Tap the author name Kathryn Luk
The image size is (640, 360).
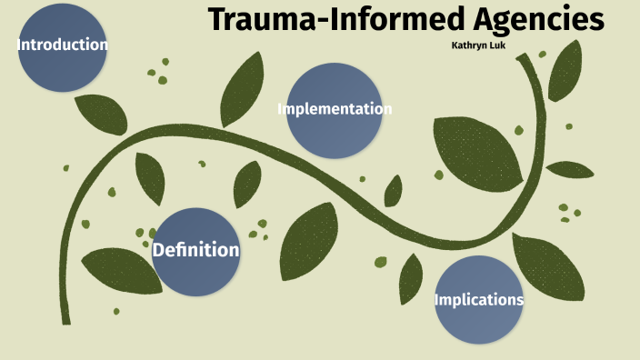click(x=478, y=44)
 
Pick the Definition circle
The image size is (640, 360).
click(x=196, y=252)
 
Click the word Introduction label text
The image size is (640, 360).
click(x=63, y=45)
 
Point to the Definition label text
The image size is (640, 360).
click(x=196, y=250)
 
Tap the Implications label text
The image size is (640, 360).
click(x=478, y=300)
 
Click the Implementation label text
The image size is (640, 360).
click(x=335, y=109)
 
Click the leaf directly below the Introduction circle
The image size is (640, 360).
click(x=100, y=114)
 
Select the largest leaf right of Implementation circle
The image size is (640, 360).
click(x=476, y=150)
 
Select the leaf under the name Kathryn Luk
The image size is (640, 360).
click(x=565, y=71)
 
